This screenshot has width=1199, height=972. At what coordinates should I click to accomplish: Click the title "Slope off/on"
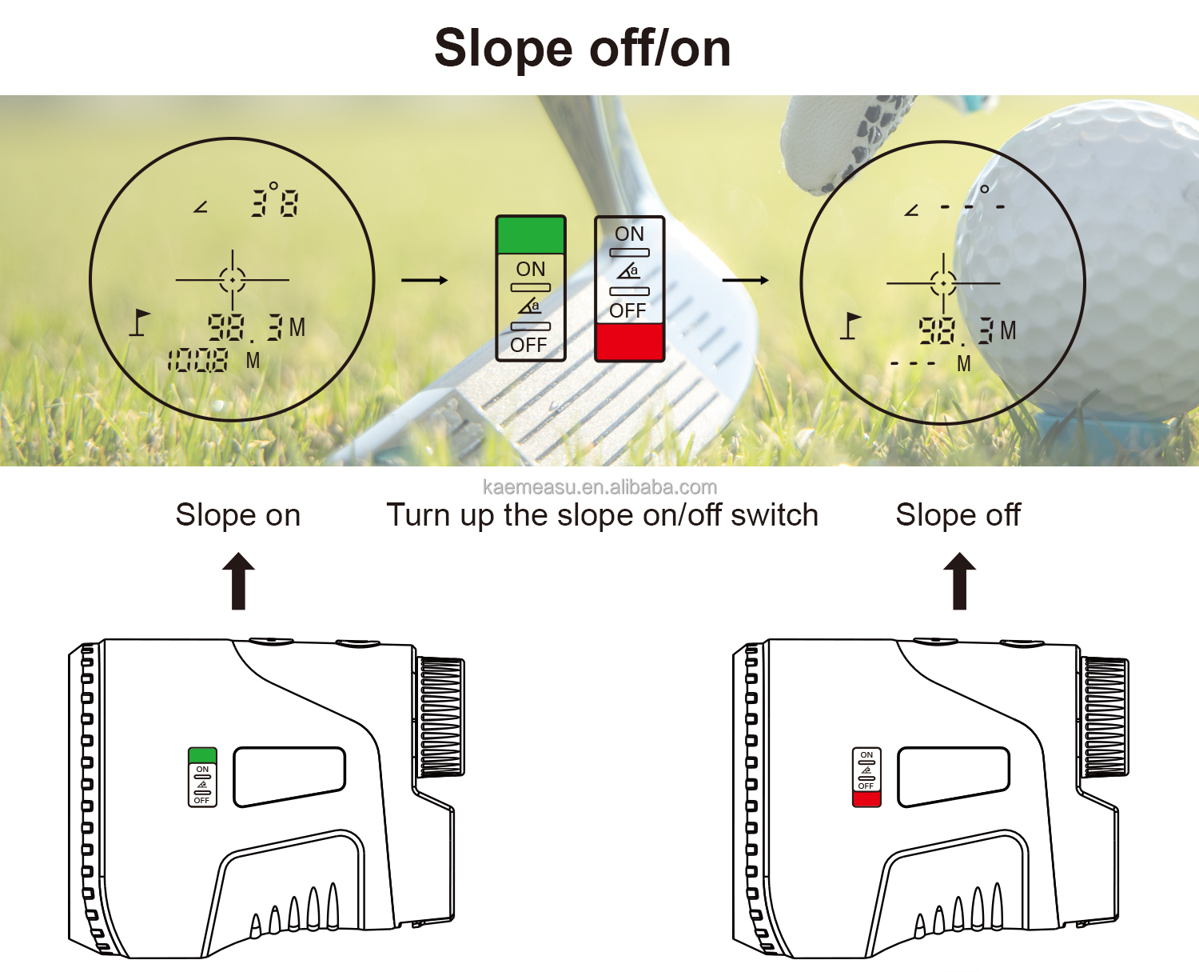pyautogui.click(x=582, y=48)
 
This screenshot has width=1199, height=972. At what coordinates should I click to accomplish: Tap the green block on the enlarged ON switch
pyautogui.click(x=531, y=235)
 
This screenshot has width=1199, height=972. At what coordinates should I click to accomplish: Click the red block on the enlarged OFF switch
pyautogui.click(x=629, y=342)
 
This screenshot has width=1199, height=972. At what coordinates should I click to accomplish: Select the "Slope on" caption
pyautogui.click(x=237, y=515)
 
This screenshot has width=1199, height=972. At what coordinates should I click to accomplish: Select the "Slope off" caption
pyautogui.click(x=958, y=515)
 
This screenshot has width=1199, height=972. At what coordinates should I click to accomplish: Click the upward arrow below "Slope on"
pyautogui.click(x=238, y=581)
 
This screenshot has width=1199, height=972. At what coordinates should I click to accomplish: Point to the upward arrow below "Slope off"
pyautogui.click(x=959, y=581)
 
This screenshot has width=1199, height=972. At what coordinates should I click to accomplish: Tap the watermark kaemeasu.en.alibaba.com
pyautogui.click(x=599, y=487)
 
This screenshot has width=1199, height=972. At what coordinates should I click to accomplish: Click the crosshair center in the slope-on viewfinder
pyautogui.click(x=233, y=280)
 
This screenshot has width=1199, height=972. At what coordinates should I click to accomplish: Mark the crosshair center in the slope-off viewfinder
pyautogui.click(x=943, y=283)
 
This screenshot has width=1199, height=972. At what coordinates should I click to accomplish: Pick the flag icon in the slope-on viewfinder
pyautogui.click(x=141, y=322)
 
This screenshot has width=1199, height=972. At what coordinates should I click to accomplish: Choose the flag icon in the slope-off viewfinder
pyautogui.click(x=850, y=326)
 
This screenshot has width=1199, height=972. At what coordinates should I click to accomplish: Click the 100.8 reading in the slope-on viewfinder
pyautogui.click(x=197, y=361)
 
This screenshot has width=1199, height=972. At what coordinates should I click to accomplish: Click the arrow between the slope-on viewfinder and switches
pyautogui.click(x=424, y=280)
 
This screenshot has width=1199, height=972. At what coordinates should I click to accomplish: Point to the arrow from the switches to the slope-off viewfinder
pyautogui.click(x=745, y=280)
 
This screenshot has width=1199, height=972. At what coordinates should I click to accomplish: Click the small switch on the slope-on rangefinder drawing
pyautogui.click(x=202, y=777)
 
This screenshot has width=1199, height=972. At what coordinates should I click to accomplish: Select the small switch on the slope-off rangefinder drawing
pyautogui.click(x=866, y=777)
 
